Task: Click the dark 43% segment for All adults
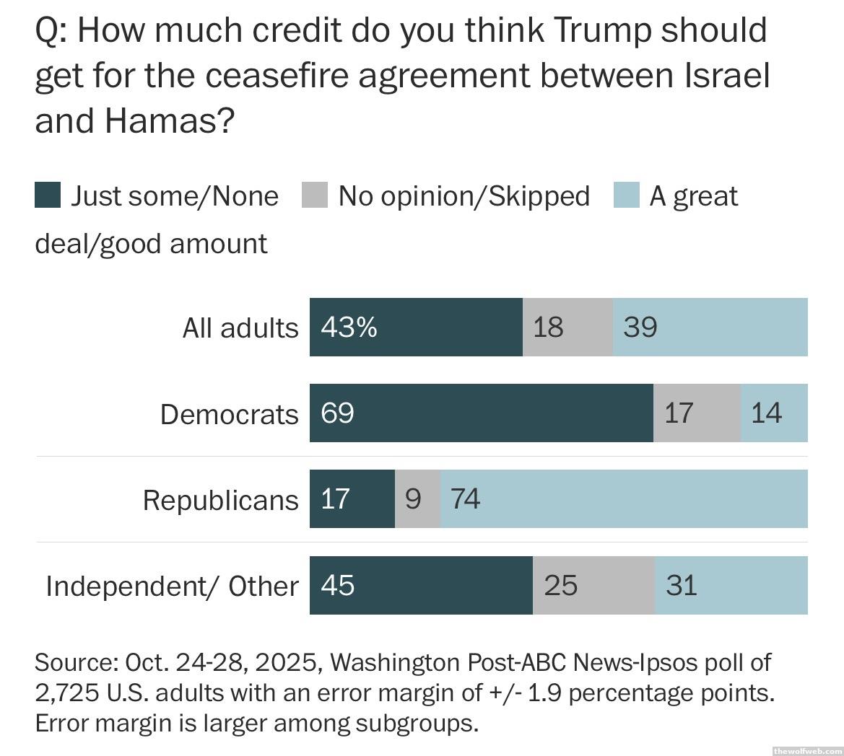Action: coord(416,327)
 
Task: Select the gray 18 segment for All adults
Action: coord(567,327)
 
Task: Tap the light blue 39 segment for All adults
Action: coord(710,327)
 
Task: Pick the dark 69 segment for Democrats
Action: coord(481,413)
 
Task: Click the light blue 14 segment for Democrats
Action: coord(774,413)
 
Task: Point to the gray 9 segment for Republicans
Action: coord(417,498)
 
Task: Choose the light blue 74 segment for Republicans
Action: coord(624,498)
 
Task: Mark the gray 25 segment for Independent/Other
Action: coord(593,585)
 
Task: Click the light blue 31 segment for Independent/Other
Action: coord(731,585)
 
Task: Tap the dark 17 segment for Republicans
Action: coord(352,498)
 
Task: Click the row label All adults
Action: coord(240,328)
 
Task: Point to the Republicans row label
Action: coord(220,500)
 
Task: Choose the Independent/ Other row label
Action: coord(172,586)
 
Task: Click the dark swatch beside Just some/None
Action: coord(48,195)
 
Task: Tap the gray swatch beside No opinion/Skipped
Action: coord(315,195)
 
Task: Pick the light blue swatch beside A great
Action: coord(626,195)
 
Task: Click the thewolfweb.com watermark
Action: coord(806,750)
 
